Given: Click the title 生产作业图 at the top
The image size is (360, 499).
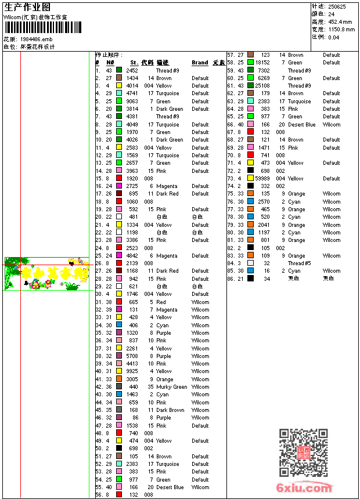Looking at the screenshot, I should click(27, 7).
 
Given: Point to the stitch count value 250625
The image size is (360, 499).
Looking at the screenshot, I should click(337, 6).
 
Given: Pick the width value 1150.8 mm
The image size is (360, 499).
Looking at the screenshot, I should click(341, 29).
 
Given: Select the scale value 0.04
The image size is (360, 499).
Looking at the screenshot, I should click(333, 37).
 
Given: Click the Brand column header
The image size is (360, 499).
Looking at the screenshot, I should click(200, 63).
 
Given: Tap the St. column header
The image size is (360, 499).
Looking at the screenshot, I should click(134, 63).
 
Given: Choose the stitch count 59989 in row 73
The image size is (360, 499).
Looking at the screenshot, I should click(262, 179).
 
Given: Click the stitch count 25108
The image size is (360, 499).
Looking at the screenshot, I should click(262, 86).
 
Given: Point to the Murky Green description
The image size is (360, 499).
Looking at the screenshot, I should click(172, 387).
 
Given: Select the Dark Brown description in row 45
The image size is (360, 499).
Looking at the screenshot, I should click(170, 410).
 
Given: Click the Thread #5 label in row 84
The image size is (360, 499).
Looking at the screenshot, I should click(300, 263).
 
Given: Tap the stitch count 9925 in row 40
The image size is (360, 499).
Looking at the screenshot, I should click(132, 371).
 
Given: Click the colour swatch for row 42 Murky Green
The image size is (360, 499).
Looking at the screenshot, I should click(119, 387).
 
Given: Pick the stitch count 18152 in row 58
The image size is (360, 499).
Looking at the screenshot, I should click(262, 63).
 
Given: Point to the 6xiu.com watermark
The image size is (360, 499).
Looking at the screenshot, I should click(304, 488).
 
